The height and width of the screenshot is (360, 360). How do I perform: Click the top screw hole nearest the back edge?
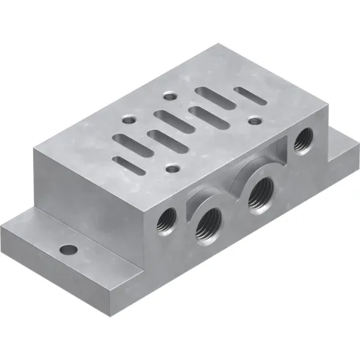click(x=170, y=95)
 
